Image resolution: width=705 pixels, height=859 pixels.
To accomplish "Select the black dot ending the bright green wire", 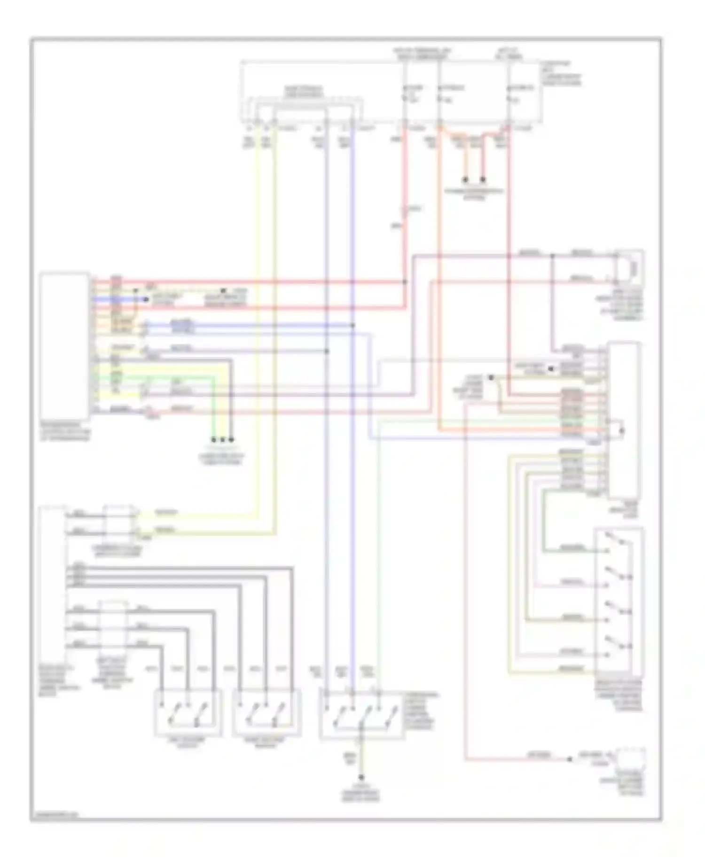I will [x=213, y=440].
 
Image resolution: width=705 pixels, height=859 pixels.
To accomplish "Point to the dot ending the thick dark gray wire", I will [x=231, y=440].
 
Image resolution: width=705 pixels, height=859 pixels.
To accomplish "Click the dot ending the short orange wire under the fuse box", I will [x=466, y=180].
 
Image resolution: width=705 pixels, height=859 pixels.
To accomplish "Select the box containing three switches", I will [x=361, y=714].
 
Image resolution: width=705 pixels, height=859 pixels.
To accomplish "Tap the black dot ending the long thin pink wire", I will [x=570, y=759].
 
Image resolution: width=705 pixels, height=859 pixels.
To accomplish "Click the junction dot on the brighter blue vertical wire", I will [x=353, y=325].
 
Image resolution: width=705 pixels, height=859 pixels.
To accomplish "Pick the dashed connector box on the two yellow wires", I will [x=120, y=522].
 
